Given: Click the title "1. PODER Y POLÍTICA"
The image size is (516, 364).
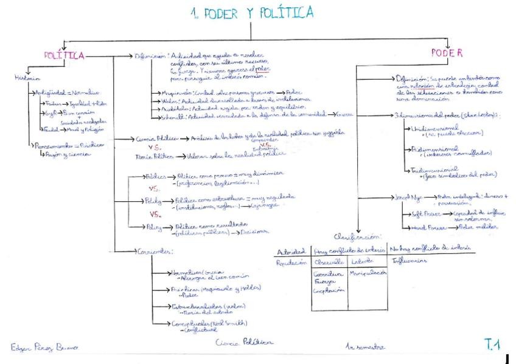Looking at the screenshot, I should pyautogui.click(x=252, y=13).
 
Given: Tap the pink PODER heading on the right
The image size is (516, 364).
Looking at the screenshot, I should pyautogui.click(x=447, y=53).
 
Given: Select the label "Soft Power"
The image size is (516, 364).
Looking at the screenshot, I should pyautogui.click(x=421, y=215).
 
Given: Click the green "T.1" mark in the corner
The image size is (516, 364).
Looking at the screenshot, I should pyautogui.click(x=492, y=345).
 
